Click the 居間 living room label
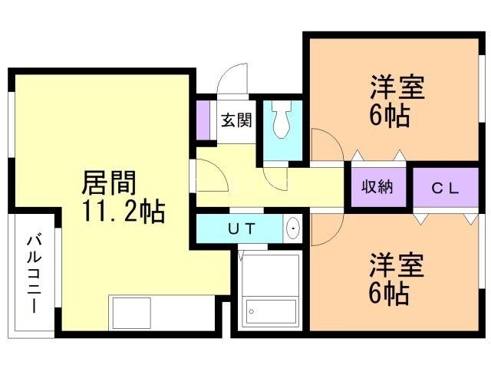(x=109, y=183)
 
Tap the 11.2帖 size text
(x=124, y=212)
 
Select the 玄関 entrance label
(x=236, y=120)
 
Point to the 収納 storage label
(x=377, y=187)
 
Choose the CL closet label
(x=445, y=189)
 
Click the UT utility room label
(x=242, y=228)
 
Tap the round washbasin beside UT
(x=293, y=228)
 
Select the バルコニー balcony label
(x=35, y=274)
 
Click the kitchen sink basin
(x=131, y=313)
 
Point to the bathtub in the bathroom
(x=271, y=312)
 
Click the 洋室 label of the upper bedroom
(x=397, y=87)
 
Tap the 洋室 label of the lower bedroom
(x=397, y=264)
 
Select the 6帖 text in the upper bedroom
(x=390, y=115)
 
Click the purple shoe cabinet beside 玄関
(x=203, y=120)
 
